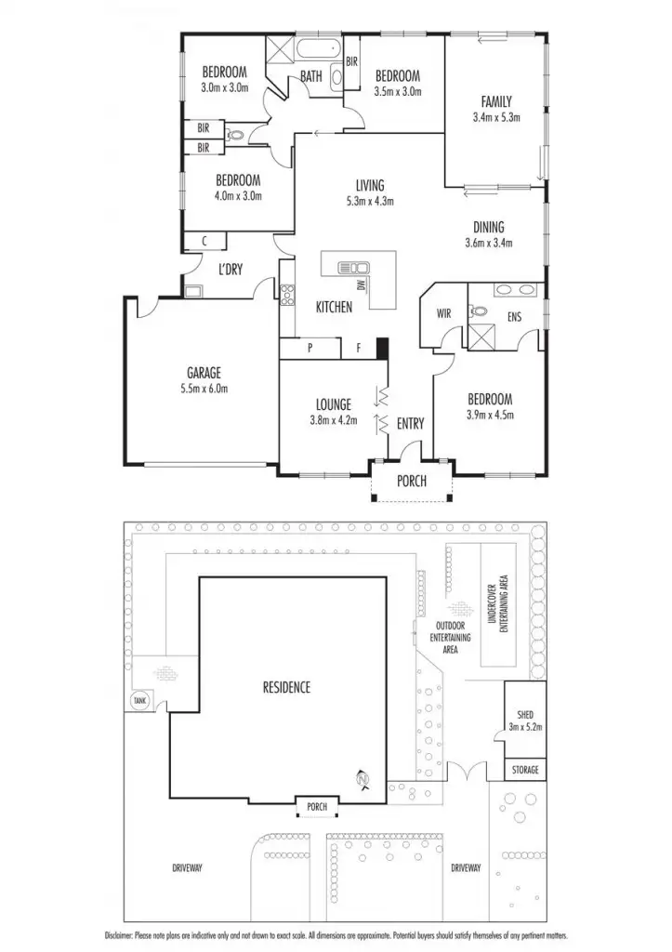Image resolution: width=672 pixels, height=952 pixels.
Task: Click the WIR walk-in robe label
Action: click(443, 313)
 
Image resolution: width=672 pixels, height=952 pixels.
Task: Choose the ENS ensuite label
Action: click(514, 317)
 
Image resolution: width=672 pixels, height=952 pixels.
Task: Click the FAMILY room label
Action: click(495, 101)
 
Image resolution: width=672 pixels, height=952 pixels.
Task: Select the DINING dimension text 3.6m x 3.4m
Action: click(489, 243)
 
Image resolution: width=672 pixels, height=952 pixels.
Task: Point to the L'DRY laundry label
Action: click(230, 270)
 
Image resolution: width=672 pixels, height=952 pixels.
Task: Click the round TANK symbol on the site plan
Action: click(140, 700)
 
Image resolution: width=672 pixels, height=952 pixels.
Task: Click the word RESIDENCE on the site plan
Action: click(285, 688)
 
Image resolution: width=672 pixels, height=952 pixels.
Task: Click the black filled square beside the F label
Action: click(381, 348)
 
